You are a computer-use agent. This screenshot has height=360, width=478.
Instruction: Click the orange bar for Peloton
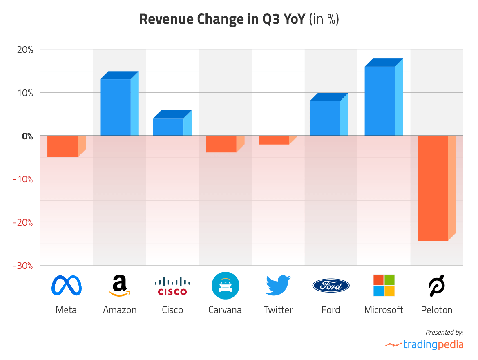(x=433, y=188)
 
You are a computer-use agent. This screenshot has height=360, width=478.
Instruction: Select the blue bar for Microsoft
(x=380, y=101)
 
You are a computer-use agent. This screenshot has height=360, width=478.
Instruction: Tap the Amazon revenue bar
(x=116, y=107)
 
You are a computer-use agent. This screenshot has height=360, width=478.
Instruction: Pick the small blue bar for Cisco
(x=168, y=127)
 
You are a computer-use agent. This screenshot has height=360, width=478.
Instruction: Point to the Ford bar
(x=325, y=118)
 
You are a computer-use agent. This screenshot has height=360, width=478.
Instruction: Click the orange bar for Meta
(x=63, y=146)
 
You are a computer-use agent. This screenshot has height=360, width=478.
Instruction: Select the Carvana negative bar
(x=221, y=144)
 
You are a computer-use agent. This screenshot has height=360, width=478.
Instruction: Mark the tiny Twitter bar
(x=274, y=140)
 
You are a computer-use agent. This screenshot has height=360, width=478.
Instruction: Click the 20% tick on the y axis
(x=25, y=49)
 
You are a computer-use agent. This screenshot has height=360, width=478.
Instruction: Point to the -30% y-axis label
(x=23, y=266)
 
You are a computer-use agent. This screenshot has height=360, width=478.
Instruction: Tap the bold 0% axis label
(x=27, y=136)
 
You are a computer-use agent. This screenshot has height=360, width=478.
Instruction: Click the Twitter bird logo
(x=278, y=285)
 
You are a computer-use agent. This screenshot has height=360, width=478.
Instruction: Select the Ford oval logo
(x=331, y=286)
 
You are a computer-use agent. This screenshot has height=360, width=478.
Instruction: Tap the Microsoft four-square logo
(x=384, y=285)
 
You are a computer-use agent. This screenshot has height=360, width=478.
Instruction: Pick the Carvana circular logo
(x=225, y=285)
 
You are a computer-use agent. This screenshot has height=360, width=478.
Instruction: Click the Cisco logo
(x=172, y=286)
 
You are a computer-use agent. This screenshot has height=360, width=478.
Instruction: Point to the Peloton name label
(x=437, y=310)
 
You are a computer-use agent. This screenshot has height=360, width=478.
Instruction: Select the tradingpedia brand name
(x=433, y=344)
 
